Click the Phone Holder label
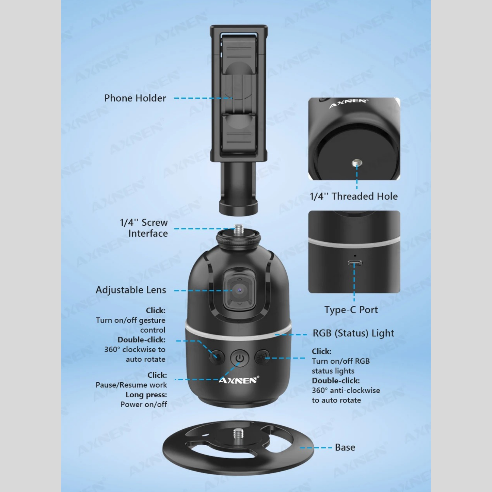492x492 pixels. [x=135, y=98]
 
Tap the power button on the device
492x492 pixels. [x=239, y=358]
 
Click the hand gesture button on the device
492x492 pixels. [x=217, y=357]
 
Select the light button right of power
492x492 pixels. [x=262, y=357]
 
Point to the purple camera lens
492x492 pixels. [x=239, y=290]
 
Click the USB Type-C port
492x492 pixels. [x=354, y=263]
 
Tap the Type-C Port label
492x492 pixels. [x=351, y=310]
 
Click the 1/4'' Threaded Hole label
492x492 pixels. [x=354, y=196]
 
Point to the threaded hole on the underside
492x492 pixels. [x=357, y=163]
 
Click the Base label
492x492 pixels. [x=345, y=448]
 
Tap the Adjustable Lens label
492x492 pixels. [x=131, y=290]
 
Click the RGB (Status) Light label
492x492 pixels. [x=353, y=333]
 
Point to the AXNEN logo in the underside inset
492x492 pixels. [x=349, y=104]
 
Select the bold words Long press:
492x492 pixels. [x=146, y=395]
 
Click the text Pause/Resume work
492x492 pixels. [x=131, y=385]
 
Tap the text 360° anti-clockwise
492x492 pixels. [x=346, y=391]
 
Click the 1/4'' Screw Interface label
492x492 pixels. [x=144, y=228]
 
